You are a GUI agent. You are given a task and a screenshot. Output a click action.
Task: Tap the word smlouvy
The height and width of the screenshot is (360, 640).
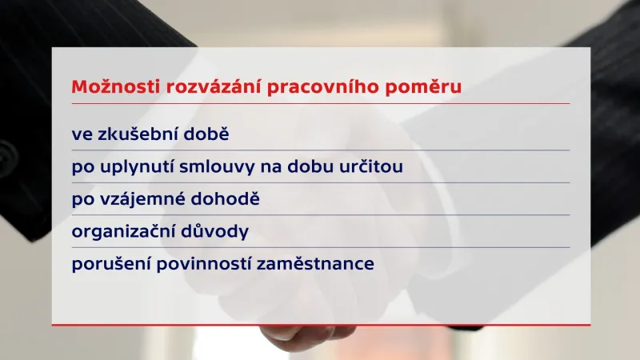(x=218, y=167)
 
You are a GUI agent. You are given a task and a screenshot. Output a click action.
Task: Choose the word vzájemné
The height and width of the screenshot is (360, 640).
(x=138, y=199)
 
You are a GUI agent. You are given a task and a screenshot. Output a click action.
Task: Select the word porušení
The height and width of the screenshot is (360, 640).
(x=109, y=264)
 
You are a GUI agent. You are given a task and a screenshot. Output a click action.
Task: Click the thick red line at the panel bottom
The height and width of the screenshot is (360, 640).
(x=320, y=325)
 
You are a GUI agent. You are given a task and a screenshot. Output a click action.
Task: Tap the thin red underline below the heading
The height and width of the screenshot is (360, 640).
(x=320, y=103)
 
